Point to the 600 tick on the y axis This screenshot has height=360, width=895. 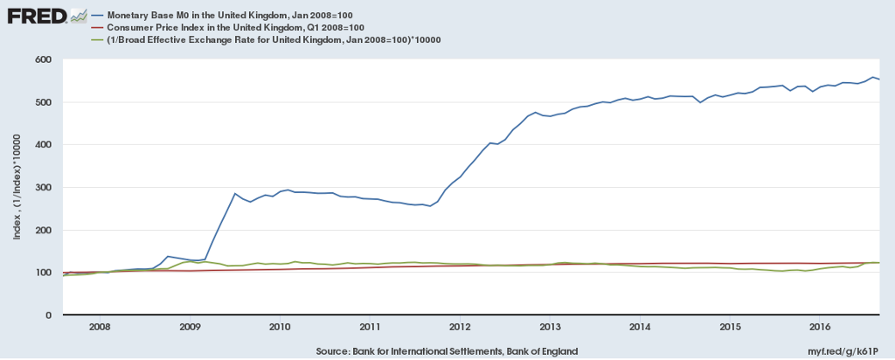(42, 59)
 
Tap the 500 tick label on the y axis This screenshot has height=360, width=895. (42, 102)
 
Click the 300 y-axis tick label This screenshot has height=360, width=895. (42, 187)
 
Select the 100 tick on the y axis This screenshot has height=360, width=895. (42, 273)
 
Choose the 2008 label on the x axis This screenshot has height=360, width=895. (99, 326)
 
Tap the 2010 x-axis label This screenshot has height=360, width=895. (280, 326)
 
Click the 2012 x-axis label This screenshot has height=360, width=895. (460, 326)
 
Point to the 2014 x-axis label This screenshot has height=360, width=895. (640, 326)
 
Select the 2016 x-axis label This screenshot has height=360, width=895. (820, 326)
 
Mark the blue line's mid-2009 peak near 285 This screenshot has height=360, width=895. (234, 193)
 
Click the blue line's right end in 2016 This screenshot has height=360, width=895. (878, 80)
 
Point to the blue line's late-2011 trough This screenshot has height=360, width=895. (430, 206)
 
